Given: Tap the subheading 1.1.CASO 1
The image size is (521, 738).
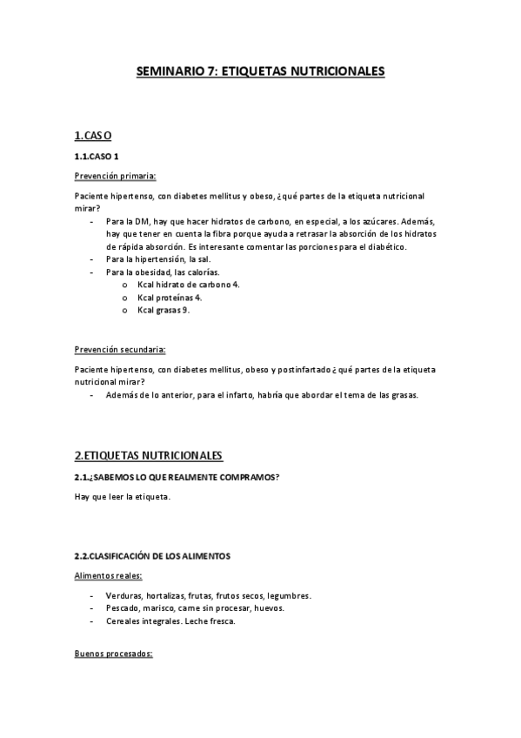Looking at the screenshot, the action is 97,156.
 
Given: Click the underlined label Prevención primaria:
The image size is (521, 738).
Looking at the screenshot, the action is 116,176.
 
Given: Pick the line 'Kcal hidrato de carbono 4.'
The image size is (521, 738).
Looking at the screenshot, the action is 188,285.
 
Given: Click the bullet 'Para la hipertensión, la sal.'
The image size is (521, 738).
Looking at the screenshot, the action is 158,259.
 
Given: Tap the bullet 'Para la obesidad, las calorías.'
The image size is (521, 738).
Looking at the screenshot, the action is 163,272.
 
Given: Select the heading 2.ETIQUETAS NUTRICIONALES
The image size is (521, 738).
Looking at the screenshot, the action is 149,455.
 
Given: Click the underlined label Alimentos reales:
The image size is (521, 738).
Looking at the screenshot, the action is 109,575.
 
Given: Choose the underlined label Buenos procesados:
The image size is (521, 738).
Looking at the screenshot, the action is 113,653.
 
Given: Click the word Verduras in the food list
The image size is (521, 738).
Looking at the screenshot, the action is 123,595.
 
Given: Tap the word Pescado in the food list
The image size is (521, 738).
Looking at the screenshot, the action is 122,608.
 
